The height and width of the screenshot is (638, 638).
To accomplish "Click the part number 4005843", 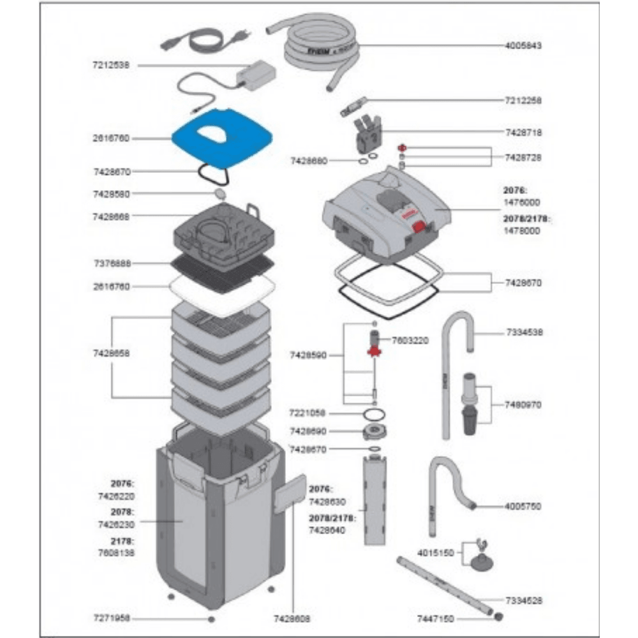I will pos(524,46).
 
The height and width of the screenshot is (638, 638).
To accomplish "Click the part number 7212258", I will pos(524,100).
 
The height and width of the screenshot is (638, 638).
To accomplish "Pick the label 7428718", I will pos(524,132).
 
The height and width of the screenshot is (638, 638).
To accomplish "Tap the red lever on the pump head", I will pos(419,227).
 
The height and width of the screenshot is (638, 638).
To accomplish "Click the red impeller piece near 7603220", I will pos(374,350).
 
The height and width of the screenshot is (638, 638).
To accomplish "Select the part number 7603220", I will pos(411,341).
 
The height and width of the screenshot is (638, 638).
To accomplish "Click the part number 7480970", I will pos(524,404).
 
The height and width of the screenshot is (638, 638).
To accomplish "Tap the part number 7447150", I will pos(436,618).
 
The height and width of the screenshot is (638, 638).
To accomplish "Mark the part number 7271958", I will pos(112,618).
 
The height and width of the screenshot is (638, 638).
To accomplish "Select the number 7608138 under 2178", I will pos(116,554).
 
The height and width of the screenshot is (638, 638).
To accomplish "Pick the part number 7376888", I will pos(112,263).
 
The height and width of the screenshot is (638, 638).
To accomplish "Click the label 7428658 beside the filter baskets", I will pos(112,352).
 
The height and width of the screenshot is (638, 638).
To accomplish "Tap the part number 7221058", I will pos(308,413).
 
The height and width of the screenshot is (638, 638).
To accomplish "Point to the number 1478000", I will pos(523,231).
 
